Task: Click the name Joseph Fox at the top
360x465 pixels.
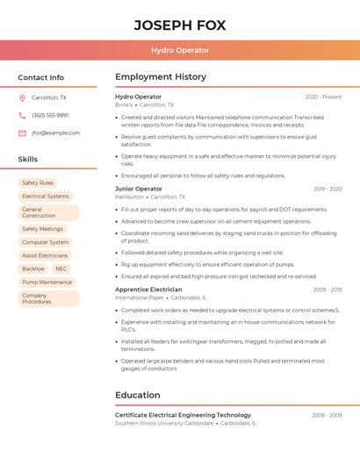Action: pyautogui.click(x=180, y=25)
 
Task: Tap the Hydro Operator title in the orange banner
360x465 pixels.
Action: pyautogui.click(x=180, y=50)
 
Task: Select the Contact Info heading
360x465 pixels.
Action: pyautogui.click(x=40, y=77)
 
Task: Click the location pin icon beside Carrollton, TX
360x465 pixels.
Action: pyautogui.click(x=22, y=97)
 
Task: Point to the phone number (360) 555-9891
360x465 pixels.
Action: pyautogui.click(x=50, y=115)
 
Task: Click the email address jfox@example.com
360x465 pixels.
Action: pyautogui.click(x=55, y=133)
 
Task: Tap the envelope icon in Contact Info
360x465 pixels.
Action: pyautogui.click(x=22, y=133)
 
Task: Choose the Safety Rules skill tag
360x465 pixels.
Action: pyautogui.click(x=38, y=182)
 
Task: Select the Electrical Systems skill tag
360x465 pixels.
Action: pyautogui.click(x=45, y=197)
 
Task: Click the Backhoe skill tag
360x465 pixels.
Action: pyautogui.click(x=33, y=268)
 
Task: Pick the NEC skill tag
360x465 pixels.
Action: pyautogui.click(x=61, y=268)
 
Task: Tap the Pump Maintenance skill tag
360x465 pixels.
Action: pyautogui.click(x=47, y=283)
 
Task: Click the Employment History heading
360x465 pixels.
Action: pyautogui.click(x=161, y=77)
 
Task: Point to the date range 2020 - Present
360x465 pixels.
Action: pyautogui.click(x=323, y=97)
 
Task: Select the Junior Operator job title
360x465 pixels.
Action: pyautogui.click(x=139, y=189)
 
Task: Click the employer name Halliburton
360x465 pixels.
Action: pyautogui.click(x=129, y=197)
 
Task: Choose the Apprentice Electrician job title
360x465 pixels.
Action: pyautogui.click(x=148, y=289)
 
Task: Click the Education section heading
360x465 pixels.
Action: pyautogui.click(x=138, y=395)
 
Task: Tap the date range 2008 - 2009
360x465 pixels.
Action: pyautogui.click(x=328, y=415)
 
